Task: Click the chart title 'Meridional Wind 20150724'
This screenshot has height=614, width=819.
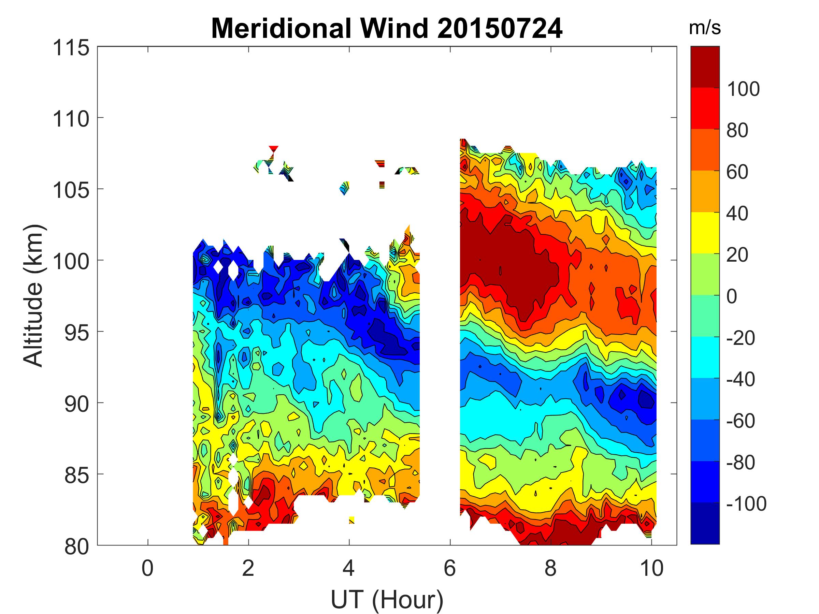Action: tap(387, 29)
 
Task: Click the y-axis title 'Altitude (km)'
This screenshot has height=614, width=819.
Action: tap(34, 295)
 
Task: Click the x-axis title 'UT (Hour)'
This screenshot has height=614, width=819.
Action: tap(387, 600)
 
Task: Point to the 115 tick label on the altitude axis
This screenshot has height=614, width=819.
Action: tap(71, 48)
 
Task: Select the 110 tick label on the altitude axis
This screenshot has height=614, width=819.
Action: tap(71, 119)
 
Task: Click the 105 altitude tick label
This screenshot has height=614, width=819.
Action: tap(71, 190)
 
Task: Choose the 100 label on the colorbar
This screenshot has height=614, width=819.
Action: tap(743, 89)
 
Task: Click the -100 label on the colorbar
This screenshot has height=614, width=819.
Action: tap(746, 504)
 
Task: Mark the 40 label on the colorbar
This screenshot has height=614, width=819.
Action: tap(737, 214)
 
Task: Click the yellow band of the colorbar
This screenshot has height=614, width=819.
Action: tap(705, 232)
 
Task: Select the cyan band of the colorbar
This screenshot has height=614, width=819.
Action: tap(705, 357)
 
